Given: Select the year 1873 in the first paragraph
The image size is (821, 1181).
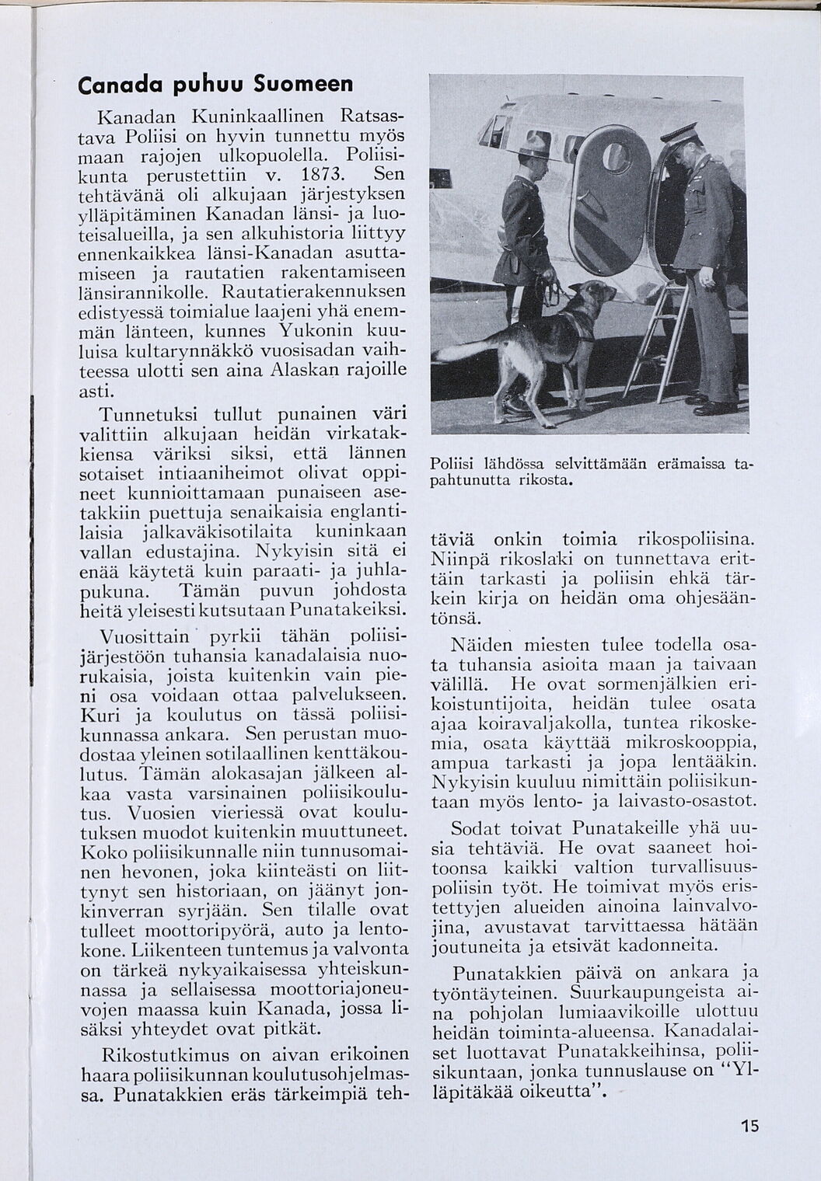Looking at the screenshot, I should (x=318, y=172).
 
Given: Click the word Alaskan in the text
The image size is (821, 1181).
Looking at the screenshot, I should (x=299, y=371).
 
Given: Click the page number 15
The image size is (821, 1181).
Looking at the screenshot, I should (x=749, y=1126).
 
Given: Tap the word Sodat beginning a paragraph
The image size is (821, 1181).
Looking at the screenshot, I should (x=477, y=827).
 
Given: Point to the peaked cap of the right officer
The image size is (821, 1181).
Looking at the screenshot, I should (x=678, y=132).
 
